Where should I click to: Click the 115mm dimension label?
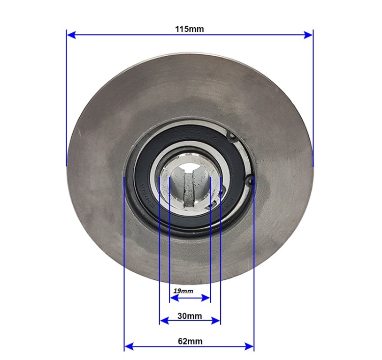click(190, 29)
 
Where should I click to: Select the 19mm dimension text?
click(183, 291)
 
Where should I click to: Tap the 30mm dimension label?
click(190, 316)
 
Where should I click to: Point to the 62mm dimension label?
click(190, 341)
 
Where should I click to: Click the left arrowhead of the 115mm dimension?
click(71, 35)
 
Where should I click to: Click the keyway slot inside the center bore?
click(189, 190)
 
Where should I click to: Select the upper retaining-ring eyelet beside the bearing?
click(232, 136)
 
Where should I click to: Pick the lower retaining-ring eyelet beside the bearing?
click(251, 180)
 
